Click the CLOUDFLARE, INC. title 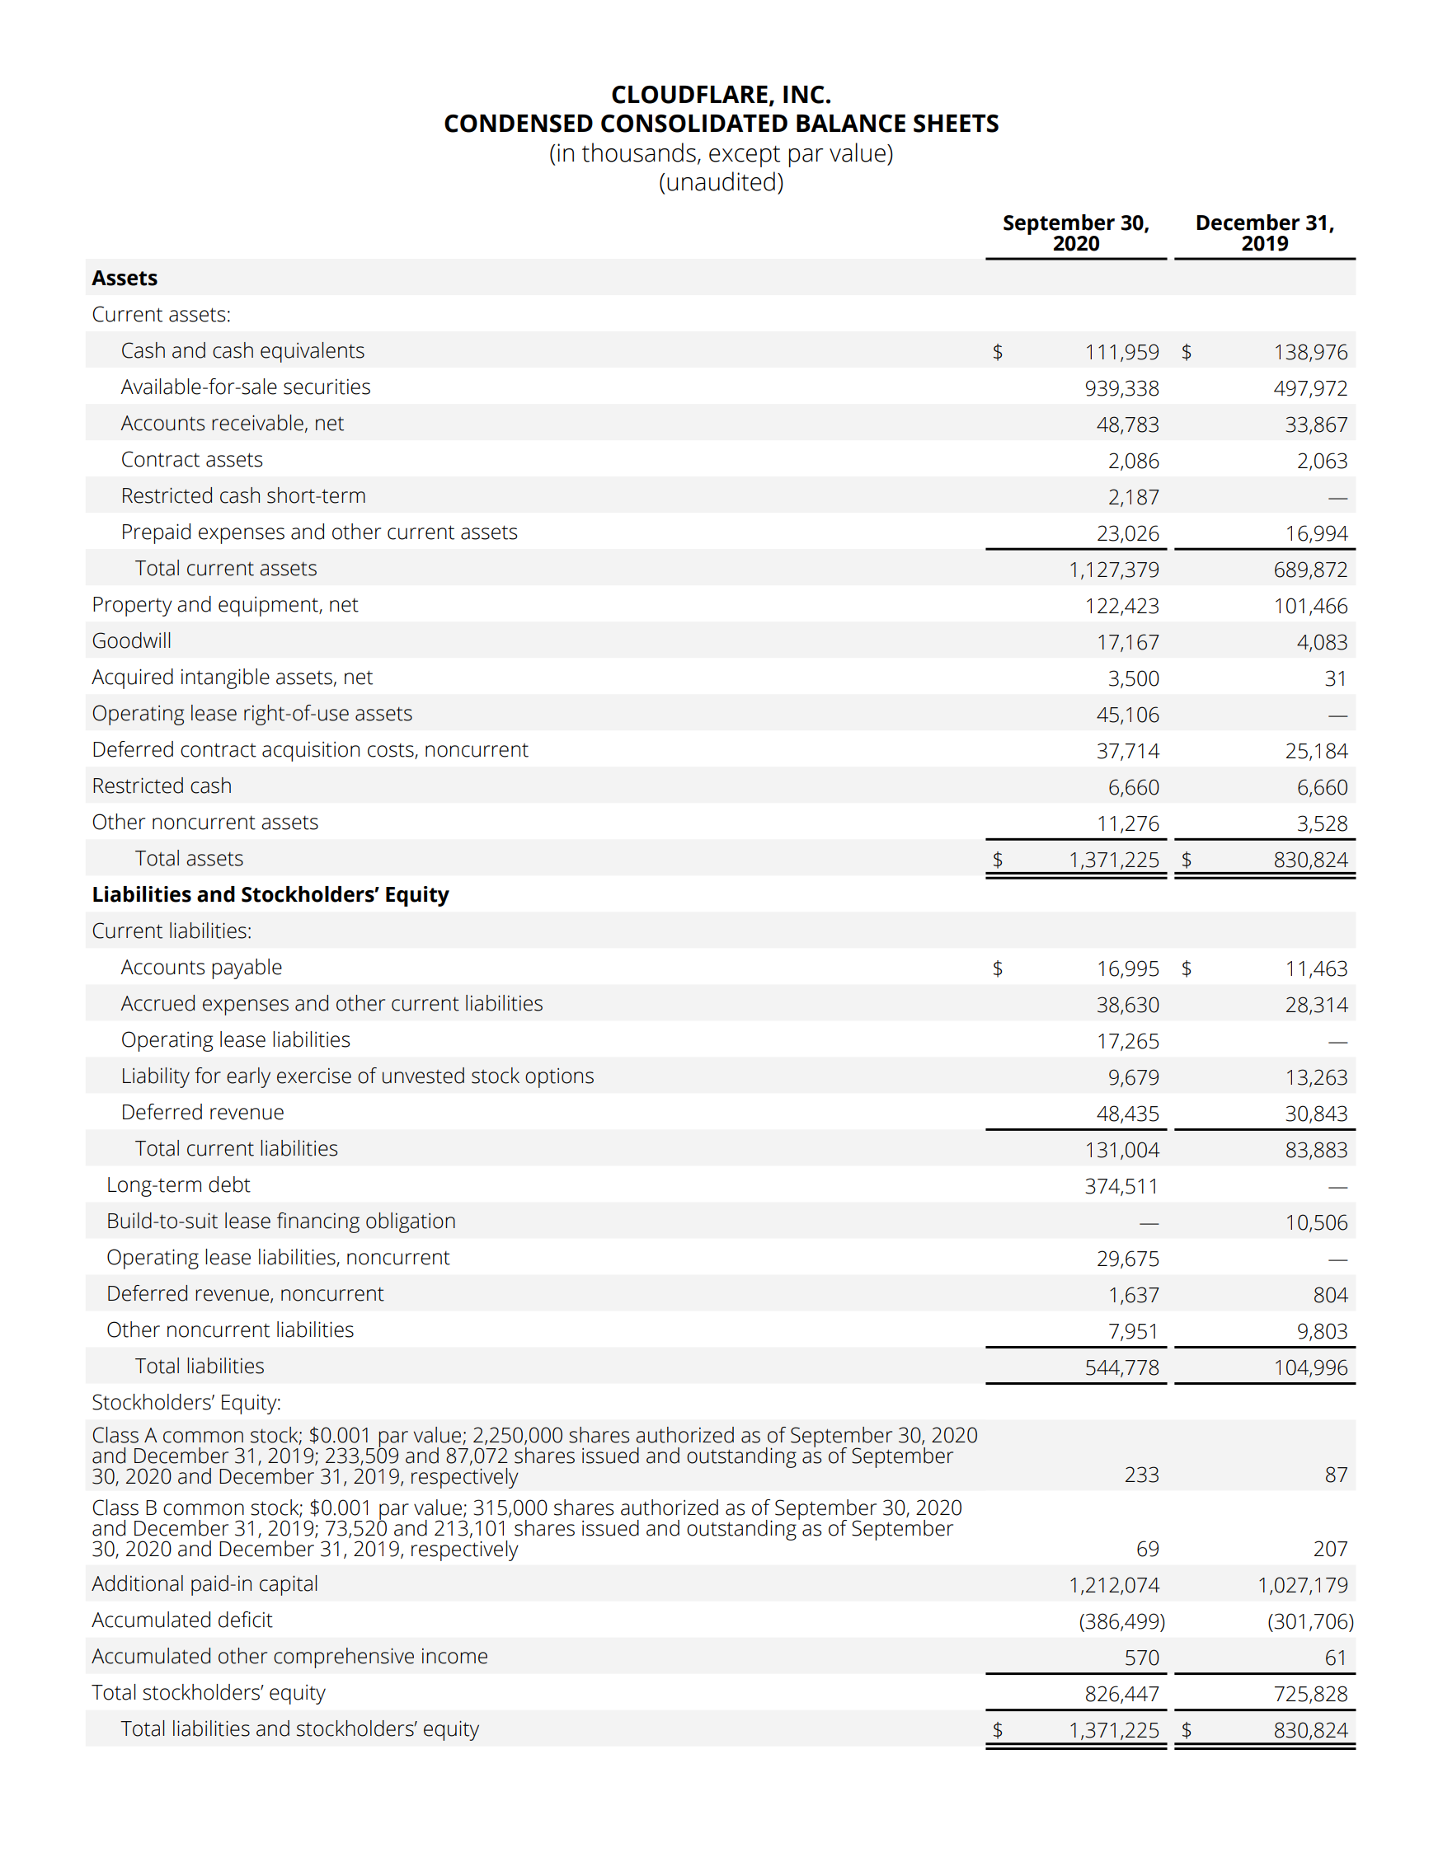721,95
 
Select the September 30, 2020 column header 1075,232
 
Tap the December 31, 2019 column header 1264,232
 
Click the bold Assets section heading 125,278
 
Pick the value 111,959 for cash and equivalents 1121,352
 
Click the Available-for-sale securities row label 246,387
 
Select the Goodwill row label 131,641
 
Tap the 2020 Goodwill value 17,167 1127,642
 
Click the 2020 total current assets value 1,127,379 1113,570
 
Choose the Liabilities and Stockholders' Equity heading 270,894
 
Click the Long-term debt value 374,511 1121,1187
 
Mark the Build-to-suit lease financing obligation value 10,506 1316,1222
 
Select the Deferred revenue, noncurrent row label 245,1294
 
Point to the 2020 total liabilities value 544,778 1121,1367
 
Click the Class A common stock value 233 1140,1475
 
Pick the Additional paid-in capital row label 204,1584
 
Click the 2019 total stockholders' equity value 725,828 1310,1694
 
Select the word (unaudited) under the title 721,182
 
